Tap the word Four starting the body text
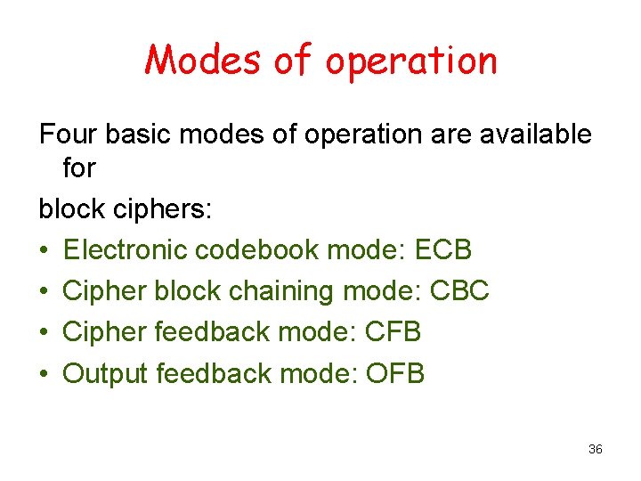[x=68, y=135]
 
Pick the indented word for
[x=79, y=168]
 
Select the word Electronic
[x=126, y=250]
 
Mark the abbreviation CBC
[x=459, y=291]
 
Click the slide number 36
[x=596, y=449]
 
